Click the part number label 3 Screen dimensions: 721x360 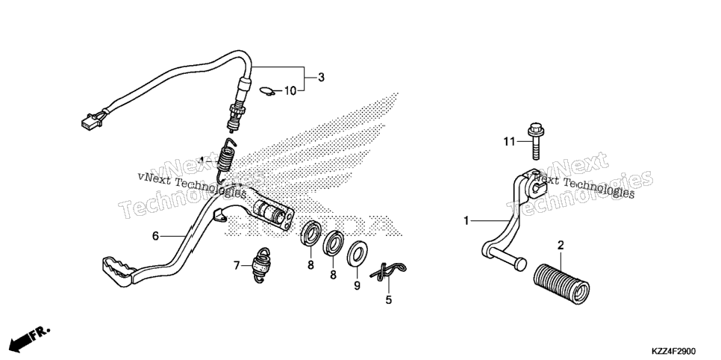pyautogui.click(x=321, y=78)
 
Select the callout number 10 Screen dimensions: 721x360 pyautogui.click(x=290, y=91)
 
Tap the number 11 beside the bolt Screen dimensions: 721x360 pyautogui.click(x=509, y=142)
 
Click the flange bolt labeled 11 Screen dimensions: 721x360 pyautogui.click(x=535, y=140)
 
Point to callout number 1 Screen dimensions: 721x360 pyautogui.click(x=466, y=221)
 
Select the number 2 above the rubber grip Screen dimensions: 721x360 pyautogui.click(x=561, y=245)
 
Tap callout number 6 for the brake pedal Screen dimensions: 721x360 pyautogui.click(x=155, y=236)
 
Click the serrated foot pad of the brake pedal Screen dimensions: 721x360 pyautogui.click(x=116, y=270)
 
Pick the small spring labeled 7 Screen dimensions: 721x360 pyautogui.click(x=261, y=265)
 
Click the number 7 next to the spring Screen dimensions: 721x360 pyautogui.click(x=237, y=265)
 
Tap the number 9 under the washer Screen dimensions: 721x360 pyautogui.click(x=358, y=286)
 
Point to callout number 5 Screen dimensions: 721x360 pyautogui.click(x=389, y=300)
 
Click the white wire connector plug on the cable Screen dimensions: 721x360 pyautogui.click(x=90, y=120)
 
